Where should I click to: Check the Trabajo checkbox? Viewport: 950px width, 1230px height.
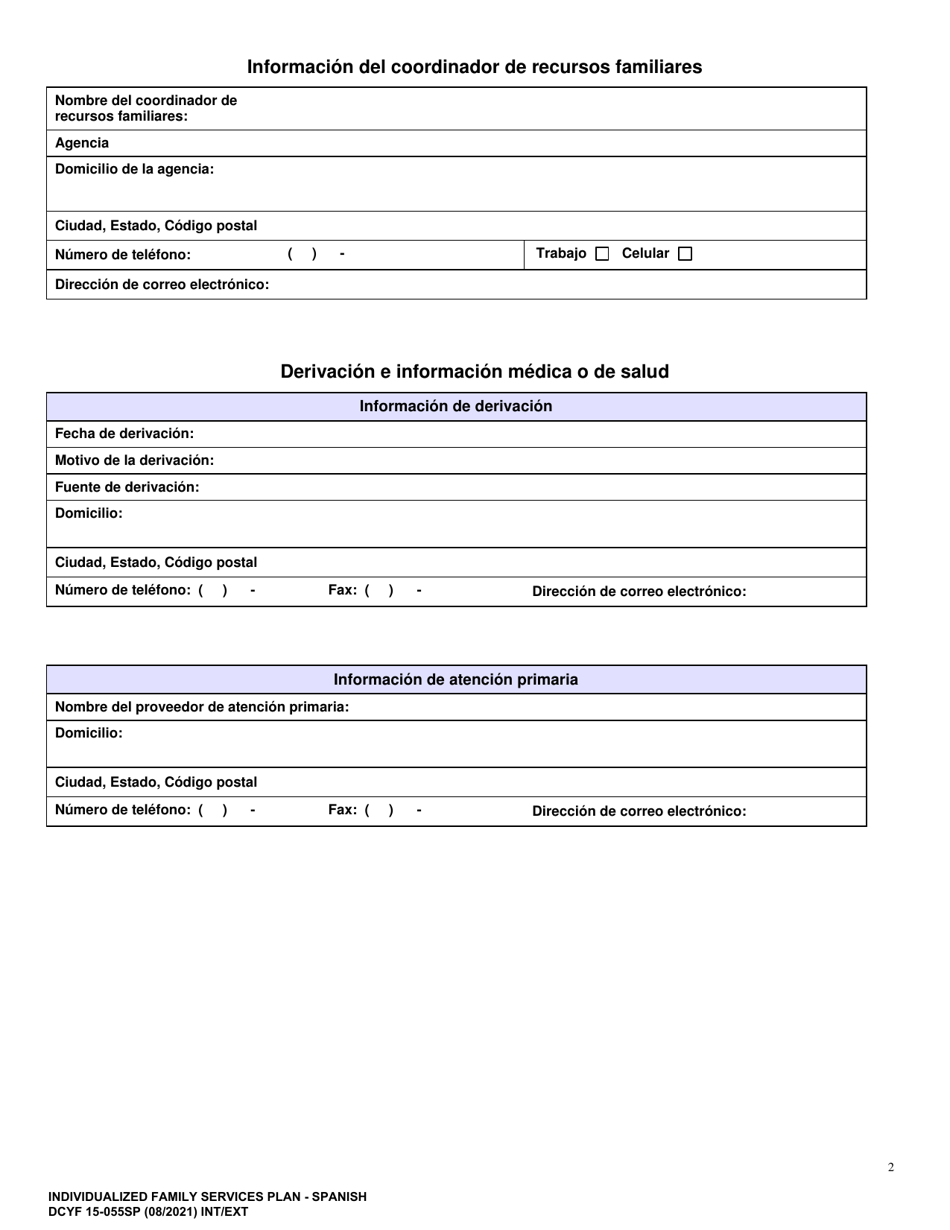coord(601,254)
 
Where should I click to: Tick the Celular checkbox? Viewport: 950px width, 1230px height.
coord(685,254)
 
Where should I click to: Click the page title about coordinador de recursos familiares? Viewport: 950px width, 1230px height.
coord(474,67)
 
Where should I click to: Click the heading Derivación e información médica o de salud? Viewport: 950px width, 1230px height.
coord(474,371)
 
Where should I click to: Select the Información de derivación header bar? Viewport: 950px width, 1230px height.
coord(456,406)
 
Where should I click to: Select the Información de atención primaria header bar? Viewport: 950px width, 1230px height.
coord(456,680)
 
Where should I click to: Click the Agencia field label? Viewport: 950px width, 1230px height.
coord(82,143)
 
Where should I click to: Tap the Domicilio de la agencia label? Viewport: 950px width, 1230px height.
coord(134,169)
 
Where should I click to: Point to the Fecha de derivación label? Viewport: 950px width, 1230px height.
coord(124,433)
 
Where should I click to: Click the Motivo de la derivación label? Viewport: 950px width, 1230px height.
coord(134,460)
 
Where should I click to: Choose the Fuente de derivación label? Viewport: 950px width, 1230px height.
coord(127,487)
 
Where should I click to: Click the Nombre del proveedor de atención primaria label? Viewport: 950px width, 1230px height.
coord(202,707)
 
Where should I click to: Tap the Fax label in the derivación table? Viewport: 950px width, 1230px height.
coord(343,590)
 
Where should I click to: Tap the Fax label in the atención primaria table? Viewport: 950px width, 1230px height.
coord(343,810)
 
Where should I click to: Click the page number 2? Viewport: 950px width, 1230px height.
coord(891,1167)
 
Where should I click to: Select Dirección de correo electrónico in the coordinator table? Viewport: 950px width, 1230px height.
coord(162,284)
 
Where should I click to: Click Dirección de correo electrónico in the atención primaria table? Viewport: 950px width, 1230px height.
coord(639,811)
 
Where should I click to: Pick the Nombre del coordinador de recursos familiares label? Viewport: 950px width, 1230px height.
coord(146,108)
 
